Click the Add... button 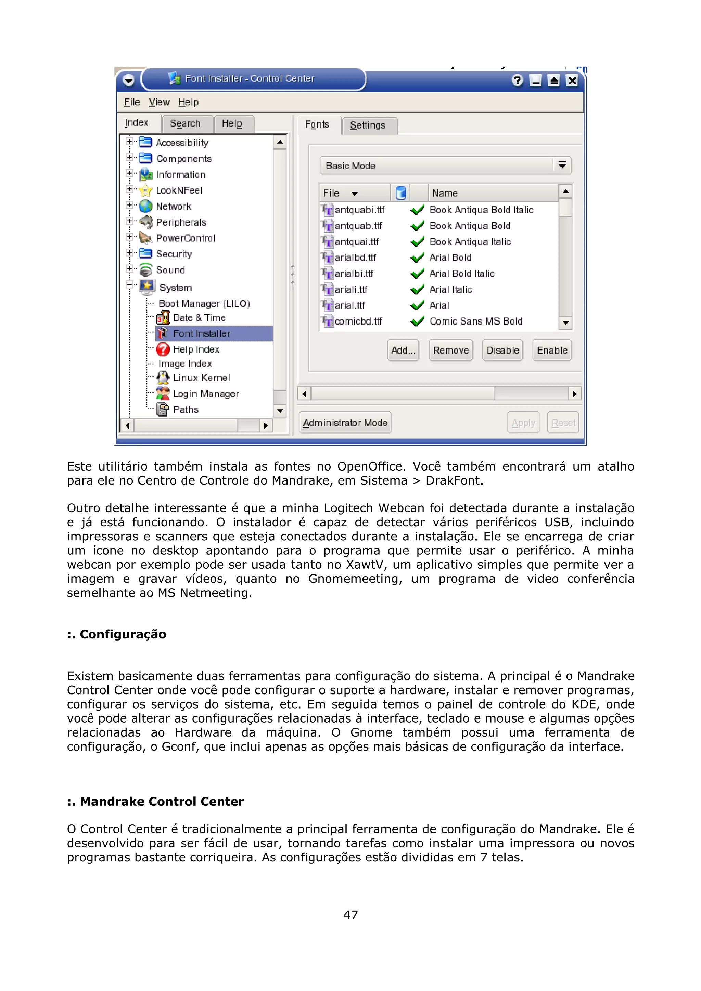click(x=403, y=350)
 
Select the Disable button click(x=502, y=350)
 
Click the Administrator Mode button click(x=345, y=423)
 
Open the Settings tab click(x=368, y=125)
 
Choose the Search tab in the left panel click(x=185, y=123)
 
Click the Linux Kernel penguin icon click(x=163, y=378)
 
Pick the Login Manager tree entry click(x=206, y=394)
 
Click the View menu click(x=159, y=102)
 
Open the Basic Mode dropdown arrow click(x=562, y=165)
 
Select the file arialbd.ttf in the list click(x=355, y=258)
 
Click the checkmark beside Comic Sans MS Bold click(x=417, y=321)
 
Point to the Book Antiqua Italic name click(x=470, y=242)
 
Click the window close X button click(x=572, y=81)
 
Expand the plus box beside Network click(x=129, y=205)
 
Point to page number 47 click(x=350, y=915)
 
